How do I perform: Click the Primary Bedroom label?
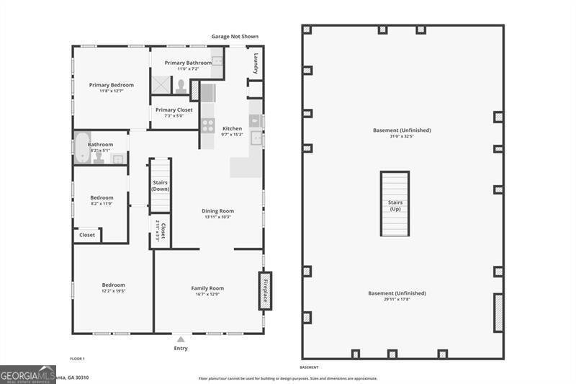click(x=112, y=85)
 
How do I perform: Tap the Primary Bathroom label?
click(x=188, y=63)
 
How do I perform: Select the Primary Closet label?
click(x=174, y=110)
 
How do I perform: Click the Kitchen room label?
click(x=232, y=129)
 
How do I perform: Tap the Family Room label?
click(x=207, y=288)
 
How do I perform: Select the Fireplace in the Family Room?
click(x=265, y=290)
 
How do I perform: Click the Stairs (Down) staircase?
click(x=160, y=186)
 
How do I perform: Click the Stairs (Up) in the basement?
click(x=395, y=205)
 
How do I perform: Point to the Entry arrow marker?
click(x=181, y=339)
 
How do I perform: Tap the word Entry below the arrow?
click(x=181, y=349)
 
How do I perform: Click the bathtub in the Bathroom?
click(x=81, y=147)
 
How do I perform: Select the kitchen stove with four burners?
click(x=207, y=125)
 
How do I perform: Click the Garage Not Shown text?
click(x=234, y=37)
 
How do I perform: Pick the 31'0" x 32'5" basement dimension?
click(x=402, y=136)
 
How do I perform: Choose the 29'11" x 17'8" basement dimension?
click(x=397, y=299)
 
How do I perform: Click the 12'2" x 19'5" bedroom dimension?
click(x=113, y=291)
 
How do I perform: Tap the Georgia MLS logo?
click(x=27, y=374)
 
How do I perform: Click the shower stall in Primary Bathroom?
click(x=161, y=84)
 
